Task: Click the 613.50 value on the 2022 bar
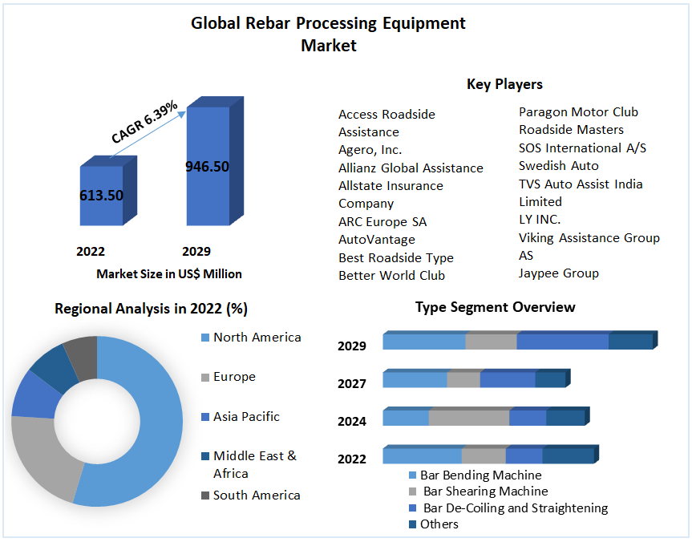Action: point(101,196)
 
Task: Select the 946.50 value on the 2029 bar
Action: point(207,167)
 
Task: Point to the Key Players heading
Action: point(504,84)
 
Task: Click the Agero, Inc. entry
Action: point(370,150)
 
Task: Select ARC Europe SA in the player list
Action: point(382,222)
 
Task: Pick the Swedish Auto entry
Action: point(559,166)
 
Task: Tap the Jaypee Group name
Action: point(559,273)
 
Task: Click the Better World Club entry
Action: point(391,276)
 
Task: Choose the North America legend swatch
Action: point(204,338)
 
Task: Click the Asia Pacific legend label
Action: point(246,417)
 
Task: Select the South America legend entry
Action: point(257,495)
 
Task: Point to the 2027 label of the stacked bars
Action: point(352,384)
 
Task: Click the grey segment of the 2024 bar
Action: point(469,418)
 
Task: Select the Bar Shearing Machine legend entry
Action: point(485,491)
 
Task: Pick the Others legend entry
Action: point(439,524)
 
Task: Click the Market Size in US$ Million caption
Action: point(169,274)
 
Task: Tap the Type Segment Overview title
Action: point(495,308)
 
